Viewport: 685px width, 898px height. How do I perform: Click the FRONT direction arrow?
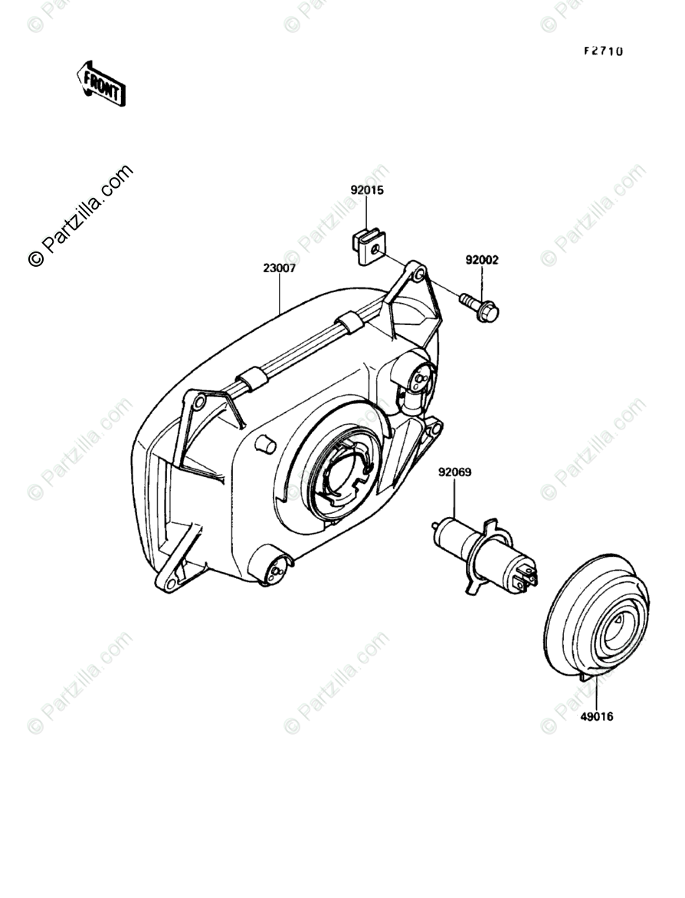[x=100, y=83]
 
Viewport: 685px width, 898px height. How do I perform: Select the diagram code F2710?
[x=603, y=51]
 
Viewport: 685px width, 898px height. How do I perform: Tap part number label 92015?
[x=367, y=189]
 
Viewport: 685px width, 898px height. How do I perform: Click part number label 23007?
[x=279, y=268]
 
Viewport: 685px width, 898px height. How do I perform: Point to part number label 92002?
[x=481, y=260]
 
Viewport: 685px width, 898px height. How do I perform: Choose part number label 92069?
[x=454, y=472]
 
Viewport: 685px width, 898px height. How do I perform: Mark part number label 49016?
[x=597, y=717]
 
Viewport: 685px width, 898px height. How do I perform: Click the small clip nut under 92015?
[x=368, y=246]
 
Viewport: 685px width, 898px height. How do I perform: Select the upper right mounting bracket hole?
[x=418, y=271]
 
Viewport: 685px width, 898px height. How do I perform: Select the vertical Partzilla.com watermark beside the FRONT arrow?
[x=80, y=215]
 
